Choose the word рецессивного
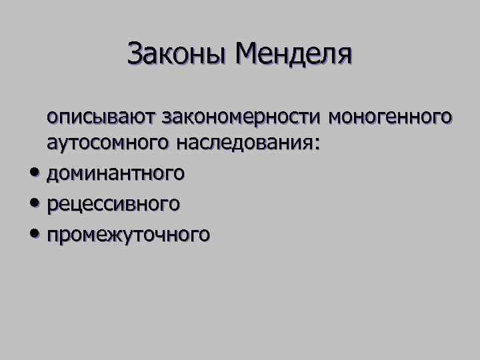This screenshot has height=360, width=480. tap(113, 203)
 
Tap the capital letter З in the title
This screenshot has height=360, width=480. tap(135, 54)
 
